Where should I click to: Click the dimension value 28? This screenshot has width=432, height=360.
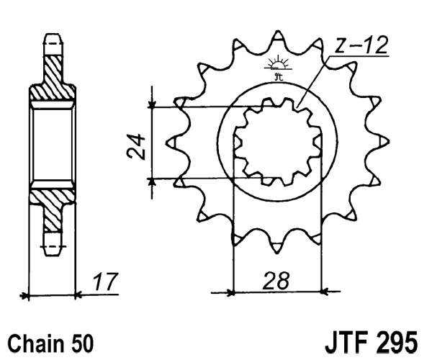tap(276, 280)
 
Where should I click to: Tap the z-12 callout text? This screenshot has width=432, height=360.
tap(360, 45)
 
